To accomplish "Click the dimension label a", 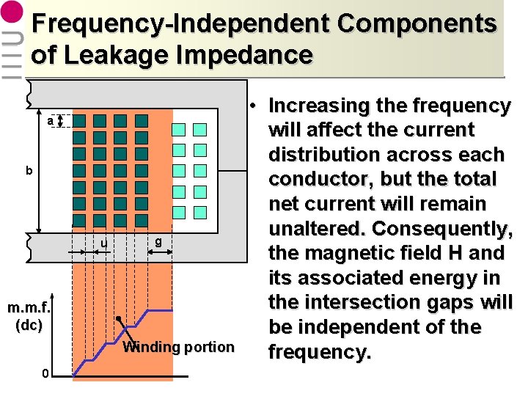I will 49,120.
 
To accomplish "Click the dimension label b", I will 29,171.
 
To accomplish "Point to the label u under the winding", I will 104,243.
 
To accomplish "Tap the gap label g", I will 158,241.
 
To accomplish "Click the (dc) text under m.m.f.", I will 29,324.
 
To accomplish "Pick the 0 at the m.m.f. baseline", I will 45,375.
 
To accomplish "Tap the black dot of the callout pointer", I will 118,319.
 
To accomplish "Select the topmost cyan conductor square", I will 178,130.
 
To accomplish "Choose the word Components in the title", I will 417,23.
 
